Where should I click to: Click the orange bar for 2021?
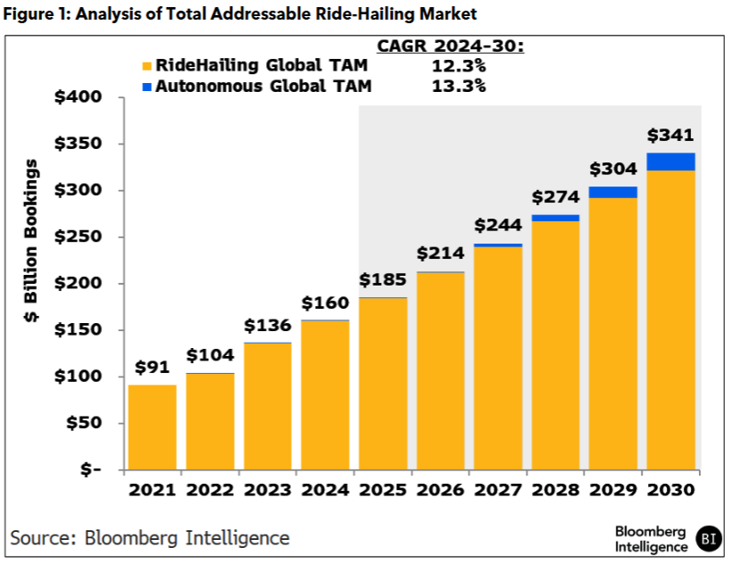tap(152, 427)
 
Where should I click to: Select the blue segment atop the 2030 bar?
tap(671, 162)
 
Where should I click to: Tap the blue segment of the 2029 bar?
tap(613, 192)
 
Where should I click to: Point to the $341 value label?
tap(671, 136)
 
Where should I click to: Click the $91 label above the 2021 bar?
tap(152, 367)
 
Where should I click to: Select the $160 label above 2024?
tap(325, 303)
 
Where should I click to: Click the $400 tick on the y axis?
tap(79, 97)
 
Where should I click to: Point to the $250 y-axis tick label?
tap(79, 237)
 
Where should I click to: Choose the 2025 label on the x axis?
tap(383, 490)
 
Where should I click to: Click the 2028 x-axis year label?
tap(556, 490)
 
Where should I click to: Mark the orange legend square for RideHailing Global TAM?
tap(147, 67)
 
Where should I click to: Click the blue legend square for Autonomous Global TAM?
tap(147, 87)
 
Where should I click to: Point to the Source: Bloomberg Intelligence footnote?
tap(150, 537)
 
